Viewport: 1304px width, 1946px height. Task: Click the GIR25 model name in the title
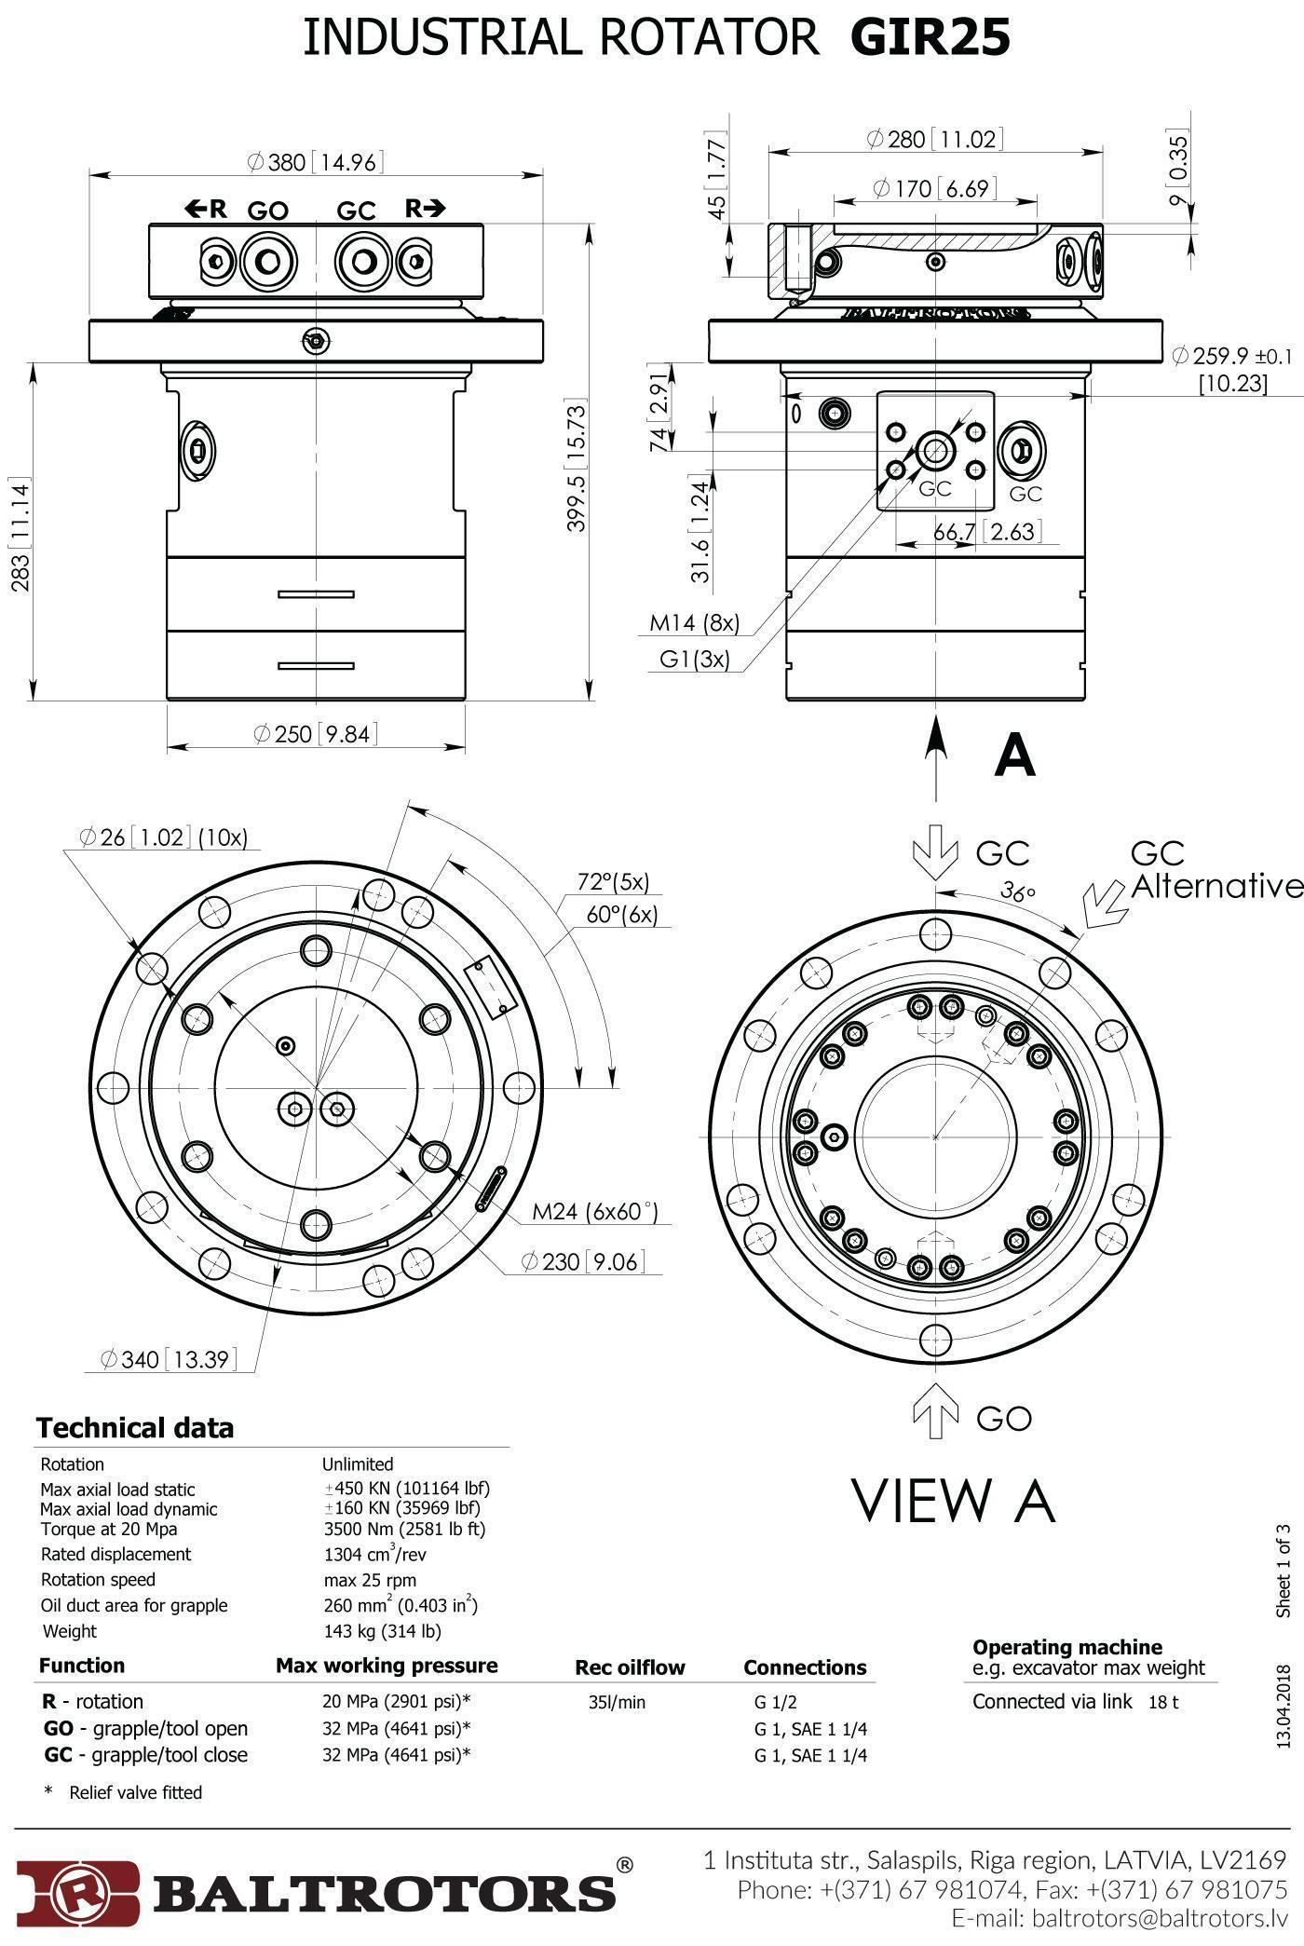coord(930,39)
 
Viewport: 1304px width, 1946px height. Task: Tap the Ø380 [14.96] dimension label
coord(316,162)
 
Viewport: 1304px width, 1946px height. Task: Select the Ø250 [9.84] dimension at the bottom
coord(316,734)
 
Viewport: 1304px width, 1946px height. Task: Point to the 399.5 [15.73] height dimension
coord(577,466)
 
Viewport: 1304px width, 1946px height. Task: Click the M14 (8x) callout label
coord(694,622)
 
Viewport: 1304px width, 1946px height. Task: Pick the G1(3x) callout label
coord(695,659)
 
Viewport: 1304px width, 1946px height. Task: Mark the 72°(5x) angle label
coord(613,881)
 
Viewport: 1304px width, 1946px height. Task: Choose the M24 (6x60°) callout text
coord(594,1211)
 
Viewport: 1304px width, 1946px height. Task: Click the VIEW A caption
coord(953,1501)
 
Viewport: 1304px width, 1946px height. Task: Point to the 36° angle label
coord(1018,891)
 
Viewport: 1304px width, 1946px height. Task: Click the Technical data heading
coord(135,1428)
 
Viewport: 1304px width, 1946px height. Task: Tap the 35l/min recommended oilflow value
coord(617,1702)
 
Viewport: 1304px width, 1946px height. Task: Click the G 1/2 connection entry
coord(776,1702)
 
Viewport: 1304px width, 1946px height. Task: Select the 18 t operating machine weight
coord(1163,1702)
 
